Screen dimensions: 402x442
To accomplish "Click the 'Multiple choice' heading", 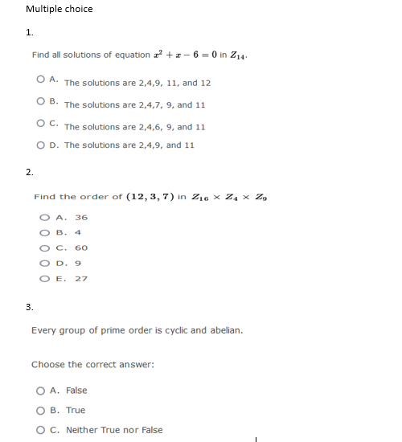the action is [59, 9].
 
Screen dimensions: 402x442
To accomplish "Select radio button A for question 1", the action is [40, 81].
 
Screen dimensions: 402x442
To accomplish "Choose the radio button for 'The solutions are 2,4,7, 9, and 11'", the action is [40, 102].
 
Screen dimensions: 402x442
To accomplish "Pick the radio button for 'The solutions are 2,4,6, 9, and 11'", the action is [40, 125].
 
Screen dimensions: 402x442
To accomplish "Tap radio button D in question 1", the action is [40, 145].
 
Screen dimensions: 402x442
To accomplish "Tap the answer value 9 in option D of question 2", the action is [77, 263].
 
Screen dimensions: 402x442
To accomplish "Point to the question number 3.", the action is [29, 307].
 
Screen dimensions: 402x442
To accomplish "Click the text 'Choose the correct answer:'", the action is [92, 365].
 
